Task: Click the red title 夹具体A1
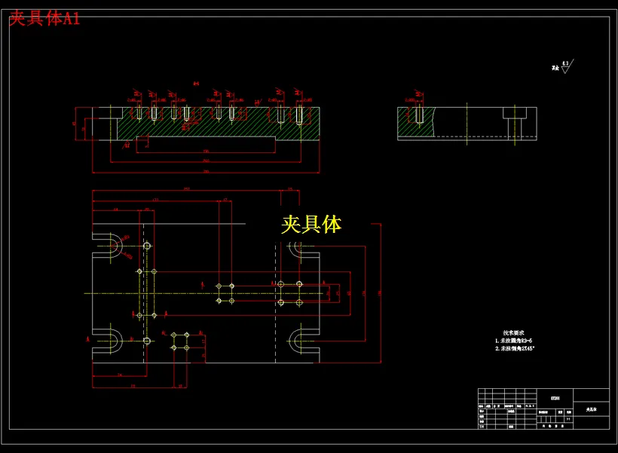pos(44,20)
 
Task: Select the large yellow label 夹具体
pos(311,224)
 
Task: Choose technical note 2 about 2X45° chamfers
pos(519,349)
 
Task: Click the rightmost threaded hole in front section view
pos(299,115)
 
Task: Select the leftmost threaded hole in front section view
pos(139,113)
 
